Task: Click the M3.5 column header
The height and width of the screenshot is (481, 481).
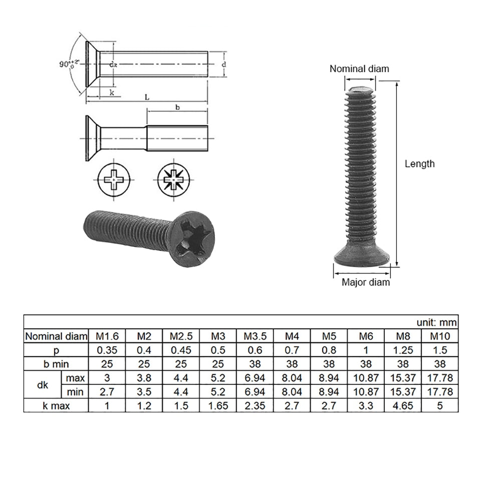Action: click(255, 336)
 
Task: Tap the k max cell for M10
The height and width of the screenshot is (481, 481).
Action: click(439, 406)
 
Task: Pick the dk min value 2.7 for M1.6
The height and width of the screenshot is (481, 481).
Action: click(106, 391)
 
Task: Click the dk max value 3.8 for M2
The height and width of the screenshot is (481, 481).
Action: click(143, 377)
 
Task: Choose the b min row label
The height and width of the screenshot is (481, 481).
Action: click(56, 364)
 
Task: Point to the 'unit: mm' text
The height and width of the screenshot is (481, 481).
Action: click(436, 322)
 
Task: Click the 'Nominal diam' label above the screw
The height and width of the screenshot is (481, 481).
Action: click(359, 69)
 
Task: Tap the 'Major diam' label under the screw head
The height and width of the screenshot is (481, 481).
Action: click(365, 282)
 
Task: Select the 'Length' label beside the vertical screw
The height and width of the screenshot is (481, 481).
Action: click(419, 164)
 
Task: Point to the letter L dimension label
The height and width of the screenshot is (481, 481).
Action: click(147, 97)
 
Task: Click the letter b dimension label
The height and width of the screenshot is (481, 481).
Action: click(177, 107)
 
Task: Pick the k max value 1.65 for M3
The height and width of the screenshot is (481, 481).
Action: click(218, 406)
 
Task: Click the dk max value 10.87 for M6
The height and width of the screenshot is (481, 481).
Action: click(366, 377)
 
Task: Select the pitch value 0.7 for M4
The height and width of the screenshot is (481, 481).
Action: click(292, 350)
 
